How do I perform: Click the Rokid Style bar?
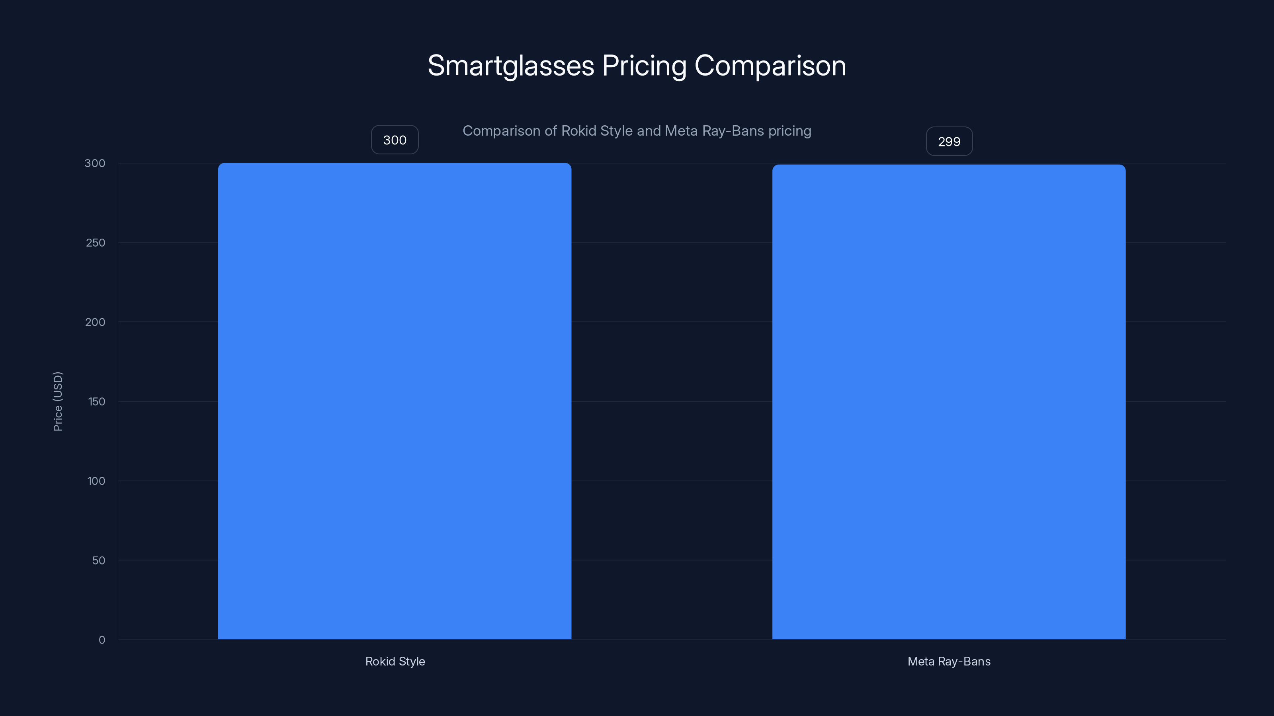395,401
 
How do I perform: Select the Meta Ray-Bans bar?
949,402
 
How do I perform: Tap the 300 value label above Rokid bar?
395,140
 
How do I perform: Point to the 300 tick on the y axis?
95,163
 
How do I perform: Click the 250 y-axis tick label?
96,243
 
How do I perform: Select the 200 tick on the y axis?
96,322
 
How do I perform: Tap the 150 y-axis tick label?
96,402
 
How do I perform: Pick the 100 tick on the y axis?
96,481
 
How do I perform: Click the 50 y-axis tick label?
98,560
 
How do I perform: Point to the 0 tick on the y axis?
102,640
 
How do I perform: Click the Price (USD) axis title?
58,401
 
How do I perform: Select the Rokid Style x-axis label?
395,661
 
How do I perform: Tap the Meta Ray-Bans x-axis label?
949,661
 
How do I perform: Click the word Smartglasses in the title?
510,66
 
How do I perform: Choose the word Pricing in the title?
644,66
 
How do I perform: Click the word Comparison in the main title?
770,66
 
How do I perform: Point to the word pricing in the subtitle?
789,131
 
